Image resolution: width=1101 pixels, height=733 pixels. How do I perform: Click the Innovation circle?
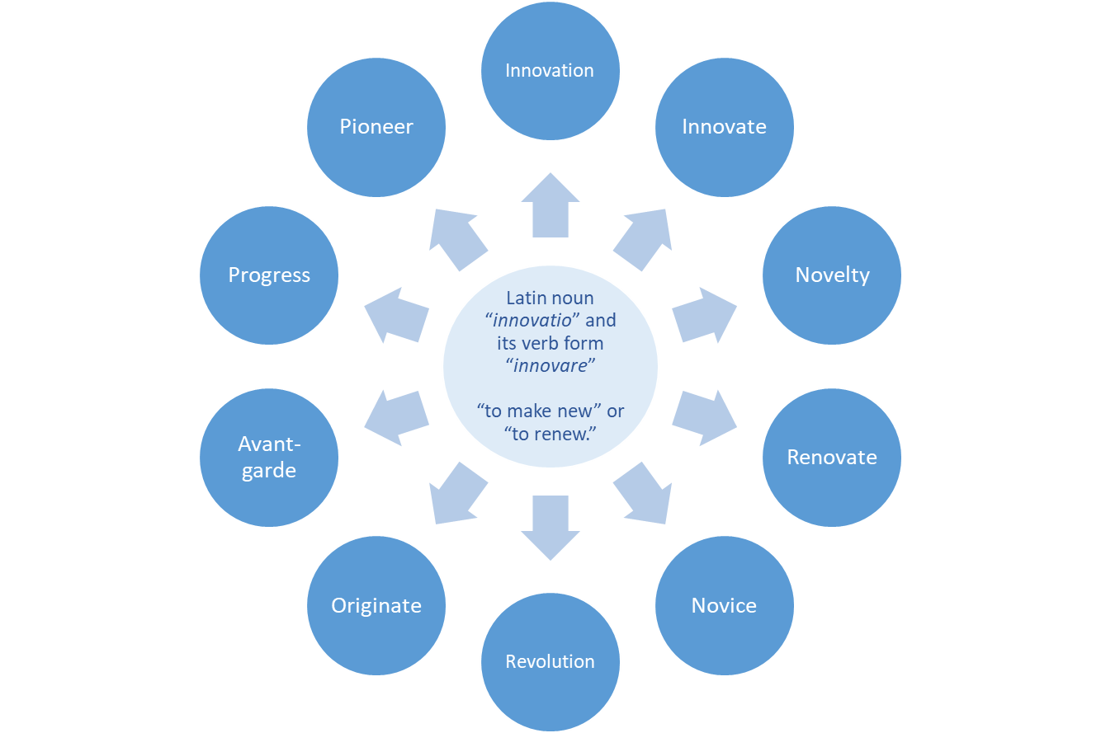coord(550,70)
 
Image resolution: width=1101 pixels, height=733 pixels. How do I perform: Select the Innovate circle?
coord(724,127)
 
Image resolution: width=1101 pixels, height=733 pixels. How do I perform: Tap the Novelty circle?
coord(832,275)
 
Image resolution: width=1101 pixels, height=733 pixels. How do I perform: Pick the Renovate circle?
coord(832,458)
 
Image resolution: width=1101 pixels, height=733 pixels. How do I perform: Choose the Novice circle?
coord(724,606)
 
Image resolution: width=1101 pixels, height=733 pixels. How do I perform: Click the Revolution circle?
coord(550,662)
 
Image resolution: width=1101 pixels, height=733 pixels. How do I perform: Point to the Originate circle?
coord(376,606)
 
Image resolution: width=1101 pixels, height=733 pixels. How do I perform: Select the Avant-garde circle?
coord(269,458)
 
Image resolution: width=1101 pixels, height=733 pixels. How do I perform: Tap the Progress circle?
coord(269,275)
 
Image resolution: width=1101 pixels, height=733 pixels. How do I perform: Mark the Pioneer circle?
coord(376,127)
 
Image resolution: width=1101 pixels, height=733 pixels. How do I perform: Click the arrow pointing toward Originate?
coord(456,494)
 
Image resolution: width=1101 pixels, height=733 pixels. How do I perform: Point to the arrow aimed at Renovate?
coord(705,418)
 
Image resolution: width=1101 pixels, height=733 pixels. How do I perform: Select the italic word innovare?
coord(550,365)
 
